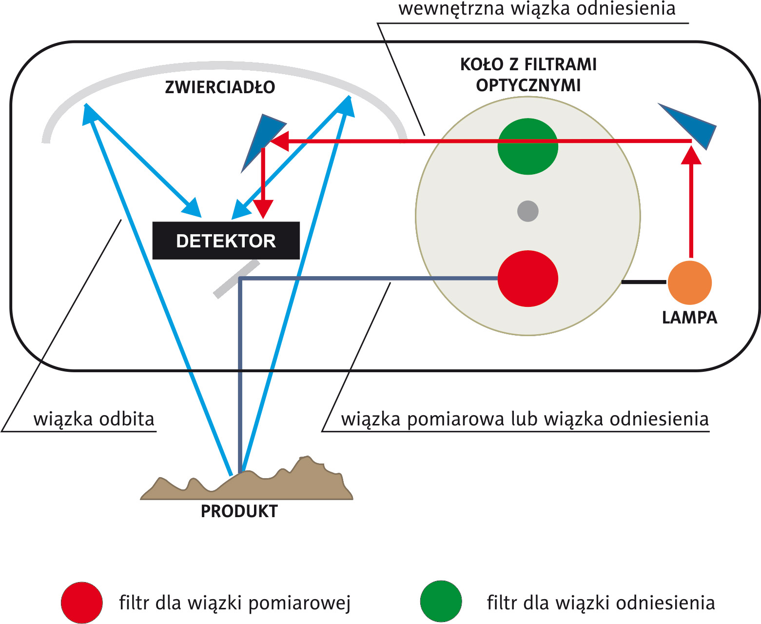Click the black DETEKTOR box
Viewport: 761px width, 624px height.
[x=226, y=241]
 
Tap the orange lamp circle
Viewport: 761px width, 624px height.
[x=689, y=282]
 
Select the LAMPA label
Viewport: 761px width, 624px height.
[x=689, y=318]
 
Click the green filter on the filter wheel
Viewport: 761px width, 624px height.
[x=527, y=146]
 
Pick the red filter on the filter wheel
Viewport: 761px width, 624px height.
[x=527, y=279]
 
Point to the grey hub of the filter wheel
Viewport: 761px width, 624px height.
[x=527, y=211]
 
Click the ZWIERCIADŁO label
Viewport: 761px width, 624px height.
[x=220, y=87]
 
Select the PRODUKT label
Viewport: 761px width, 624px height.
[x=239, y=511]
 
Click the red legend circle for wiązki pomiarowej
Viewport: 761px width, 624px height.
[x=81, y=603]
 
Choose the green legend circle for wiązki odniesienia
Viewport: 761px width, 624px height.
[x=441, y=601]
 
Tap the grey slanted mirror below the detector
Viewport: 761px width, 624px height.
[x=236, y=279]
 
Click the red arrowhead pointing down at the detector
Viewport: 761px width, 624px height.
[x=263, y=209]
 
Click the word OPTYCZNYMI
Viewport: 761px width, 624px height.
[x=528, y=85]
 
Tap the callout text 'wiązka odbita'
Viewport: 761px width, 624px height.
[x=94, y=419]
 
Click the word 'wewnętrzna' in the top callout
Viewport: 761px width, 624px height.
[x=451, y=9]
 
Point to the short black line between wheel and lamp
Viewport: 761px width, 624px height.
[x=644, y=282]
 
